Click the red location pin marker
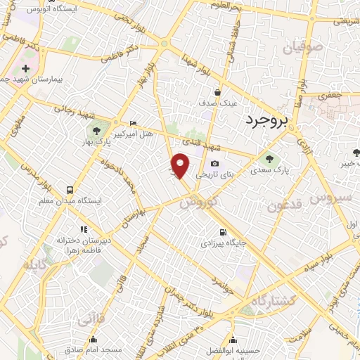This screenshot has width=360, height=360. pyautogui.click(x=181, y=165)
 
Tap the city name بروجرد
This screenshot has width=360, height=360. pyautogui.click(x=267, y=121)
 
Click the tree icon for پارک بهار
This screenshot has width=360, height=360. pyautogui.click(x=96, y=130)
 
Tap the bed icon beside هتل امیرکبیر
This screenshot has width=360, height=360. pyautogui.click(x=134, y=124)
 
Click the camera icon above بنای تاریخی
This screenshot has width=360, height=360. pyautogui.click(x=214, y=164)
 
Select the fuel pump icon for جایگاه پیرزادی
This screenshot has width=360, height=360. pyautogui.click(x=223, y=233)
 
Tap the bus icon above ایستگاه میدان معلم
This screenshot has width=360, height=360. pyautogui.click(x=70, y=190)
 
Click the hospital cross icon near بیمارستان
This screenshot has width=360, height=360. pyautogui.click(x=26, y=69)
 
